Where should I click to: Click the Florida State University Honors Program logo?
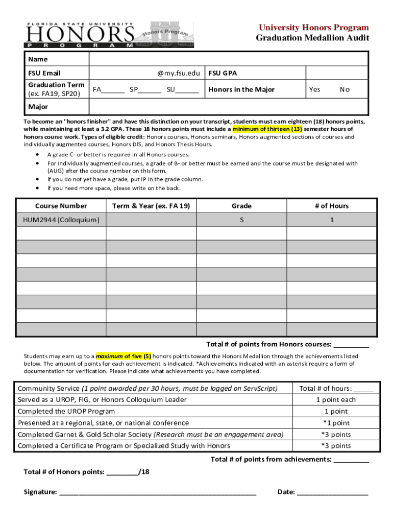[109, 34]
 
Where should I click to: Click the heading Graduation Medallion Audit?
[312, 38]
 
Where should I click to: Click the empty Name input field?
[228, 59]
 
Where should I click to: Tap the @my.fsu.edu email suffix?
[178, 73]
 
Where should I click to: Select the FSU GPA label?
[223, 73]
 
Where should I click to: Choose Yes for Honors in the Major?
[314, 89]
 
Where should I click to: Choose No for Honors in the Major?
[345, 89]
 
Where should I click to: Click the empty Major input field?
[228, 107]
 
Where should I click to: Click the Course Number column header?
[61, 206]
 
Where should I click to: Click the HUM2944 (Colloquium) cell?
[61, 220]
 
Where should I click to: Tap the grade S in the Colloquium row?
[241, 220]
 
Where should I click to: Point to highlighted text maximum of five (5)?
[123, 356]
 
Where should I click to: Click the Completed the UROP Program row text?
[66, 411]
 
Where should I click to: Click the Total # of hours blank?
[363, 389]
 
